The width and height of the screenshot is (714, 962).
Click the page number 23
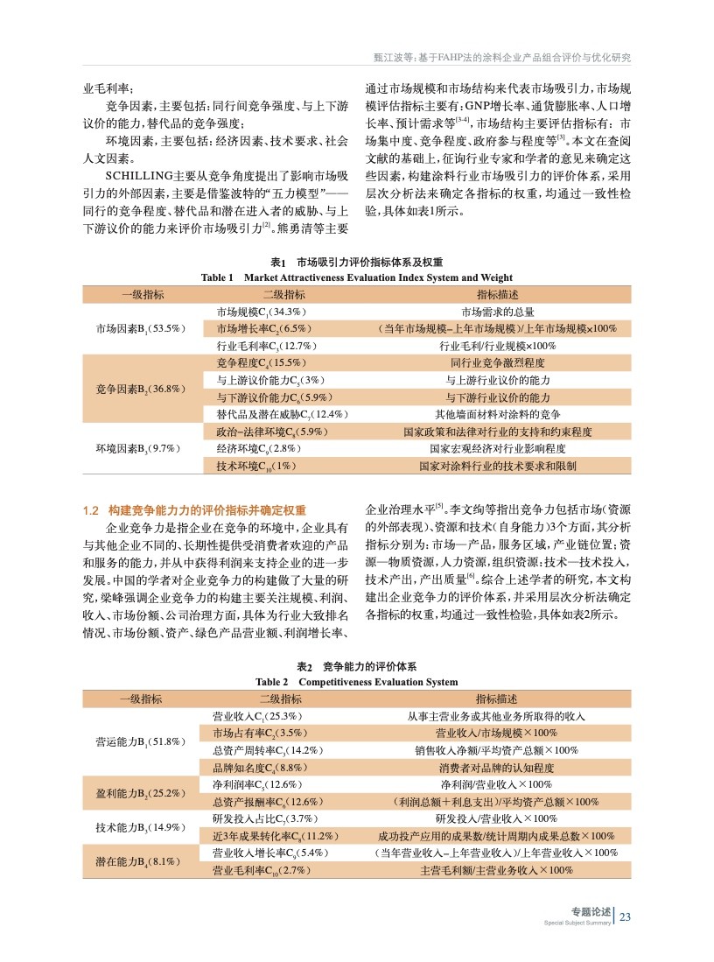pos(625,917)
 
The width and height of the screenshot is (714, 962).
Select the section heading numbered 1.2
pos(194,509)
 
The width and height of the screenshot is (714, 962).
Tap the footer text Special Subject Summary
pos(577,923)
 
